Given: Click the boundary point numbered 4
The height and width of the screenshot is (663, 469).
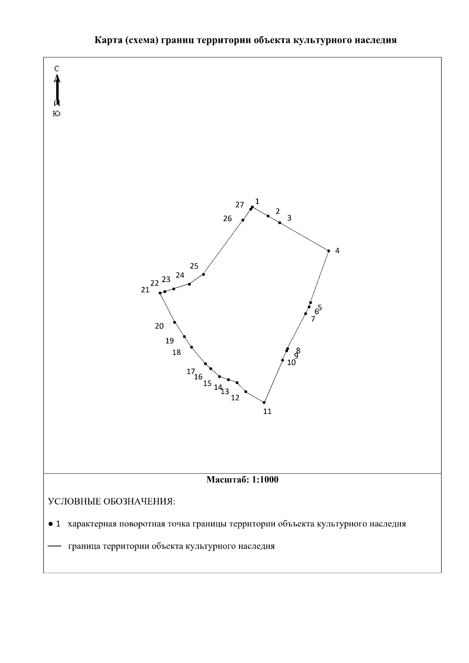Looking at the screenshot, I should click(x=329, y=251).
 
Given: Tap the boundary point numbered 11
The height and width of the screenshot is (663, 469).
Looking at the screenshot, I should click(x=264, y=402).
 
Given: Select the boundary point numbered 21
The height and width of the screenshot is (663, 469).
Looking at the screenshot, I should click(x=160, y=293).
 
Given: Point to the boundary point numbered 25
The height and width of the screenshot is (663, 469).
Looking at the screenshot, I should click(x=204, y=274).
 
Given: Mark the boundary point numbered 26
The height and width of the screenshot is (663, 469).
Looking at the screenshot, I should click(x=243, y=220).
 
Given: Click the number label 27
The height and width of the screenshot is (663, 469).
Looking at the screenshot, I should click(x=240, y=205).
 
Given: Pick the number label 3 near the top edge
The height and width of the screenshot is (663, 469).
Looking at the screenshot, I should click(x=289, y=218).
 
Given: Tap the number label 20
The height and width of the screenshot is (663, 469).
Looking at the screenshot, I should click(x=159, y=326).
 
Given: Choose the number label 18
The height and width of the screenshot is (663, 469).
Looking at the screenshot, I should click(x=177, y=352).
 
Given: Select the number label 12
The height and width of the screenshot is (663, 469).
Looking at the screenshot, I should click(x=235, y=398).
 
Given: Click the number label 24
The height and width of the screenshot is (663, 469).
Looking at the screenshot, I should click(x=180, y=275).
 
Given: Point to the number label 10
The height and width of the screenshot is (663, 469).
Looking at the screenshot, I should click(x=291, y=363).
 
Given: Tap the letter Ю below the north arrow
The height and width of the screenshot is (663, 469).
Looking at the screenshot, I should click(x=56, y=114).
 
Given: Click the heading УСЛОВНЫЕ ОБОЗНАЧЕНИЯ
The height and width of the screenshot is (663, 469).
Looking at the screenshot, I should click(x=111, y=502).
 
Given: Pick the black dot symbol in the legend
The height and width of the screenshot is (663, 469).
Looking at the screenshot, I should click(x=50, y=524).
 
